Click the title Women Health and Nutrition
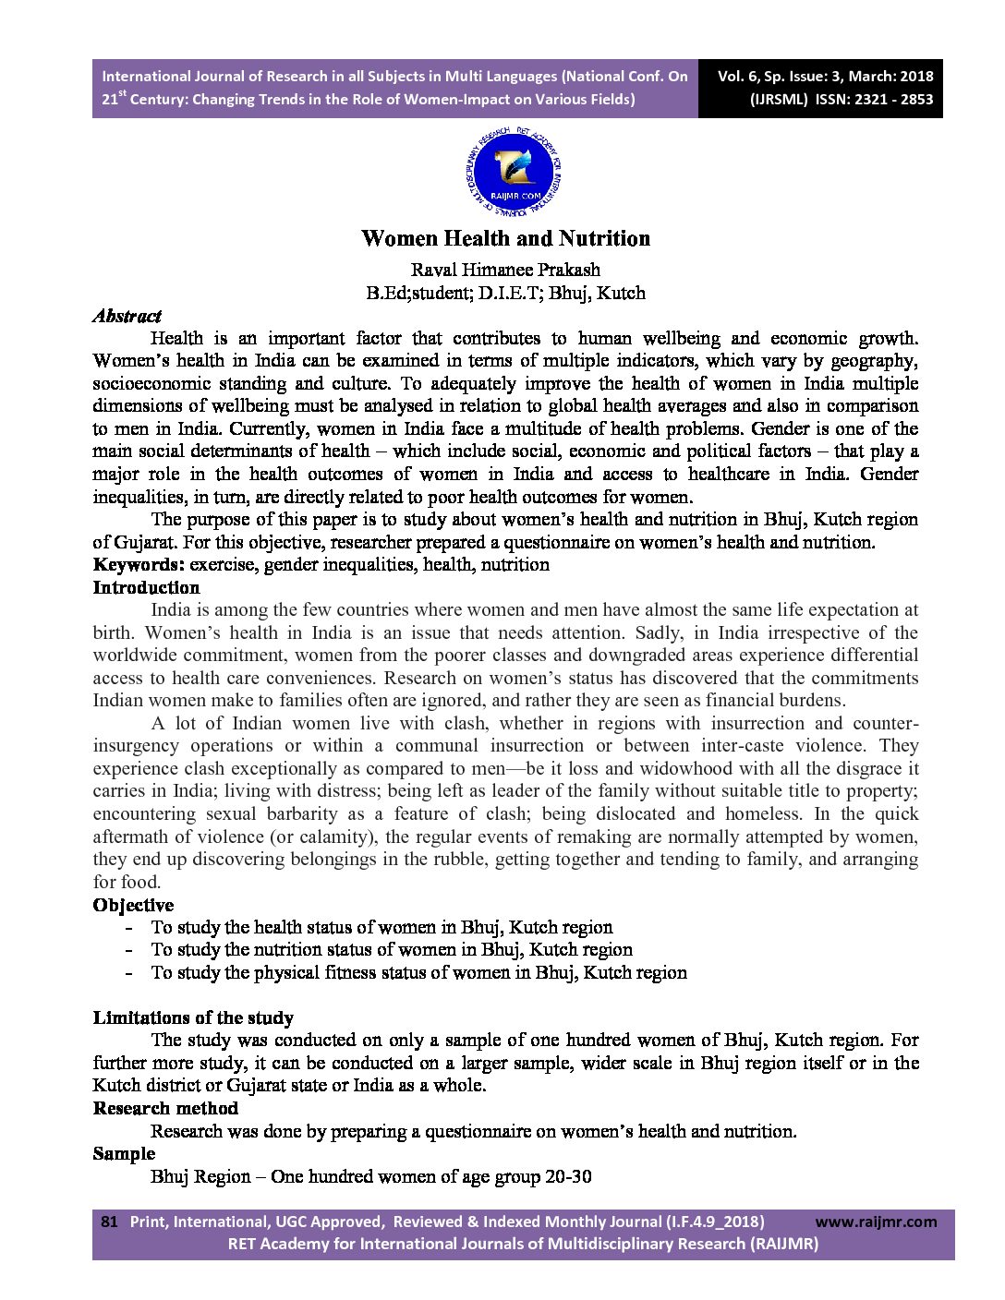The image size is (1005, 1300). [505, 238]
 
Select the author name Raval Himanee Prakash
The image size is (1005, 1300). [505, 270]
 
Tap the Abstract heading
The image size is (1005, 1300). [127, 316]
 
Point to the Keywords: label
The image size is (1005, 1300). [139, 565]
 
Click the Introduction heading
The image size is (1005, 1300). [146, 587]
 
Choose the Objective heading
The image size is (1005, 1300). [133, 905]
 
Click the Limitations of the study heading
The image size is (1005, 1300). [193, 1017]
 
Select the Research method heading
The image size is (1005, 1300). [165, 1108]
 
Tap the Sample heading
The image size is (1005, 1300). [124, 1153]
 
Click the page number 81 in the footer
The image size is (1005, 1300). [109, 1222]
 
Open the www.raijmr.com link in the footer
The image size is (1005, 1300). [876, 1222]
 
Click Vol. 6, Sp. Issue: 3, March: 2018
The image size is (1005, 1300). [825, 77]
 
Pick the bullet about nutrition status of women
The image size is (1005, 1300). [392, 950]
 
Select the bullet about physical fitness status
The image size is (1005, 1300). [418, 972]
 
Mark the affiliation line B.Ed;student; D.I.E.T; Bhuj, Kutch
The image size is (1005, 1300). [505, 294]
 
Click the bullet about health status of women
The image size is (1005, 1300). [381, 927]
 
